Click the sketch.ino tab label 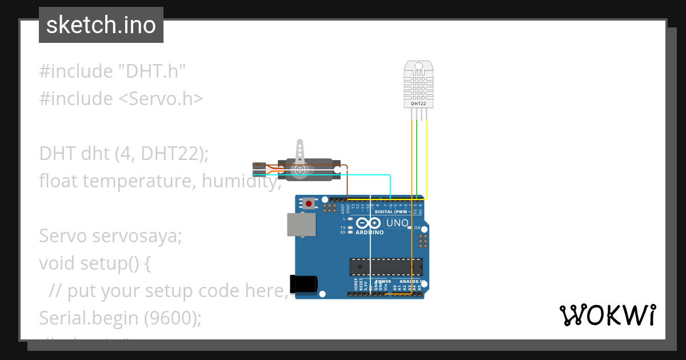point(101,25)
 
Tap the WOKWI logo point(607,315)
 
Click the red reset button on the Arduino point(309,203)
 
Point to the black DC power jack point(303,284)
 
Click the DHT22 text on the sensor point(418,103)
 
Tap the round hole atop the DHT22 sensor point(418,66)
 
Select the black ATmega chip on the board point(386,266)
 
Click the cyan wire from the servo point(366,175)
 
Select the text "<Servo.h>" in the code point(161,98)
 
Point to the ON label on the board point(417,227)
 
